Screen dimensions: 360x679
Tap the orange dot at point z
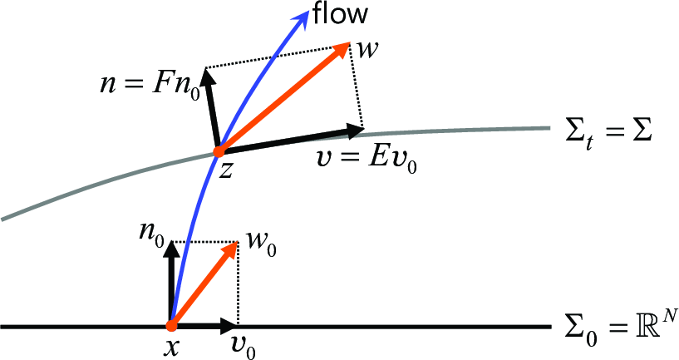[x=219, y=151]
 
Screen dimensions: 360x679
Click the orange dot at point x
[x=172, y=325]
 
